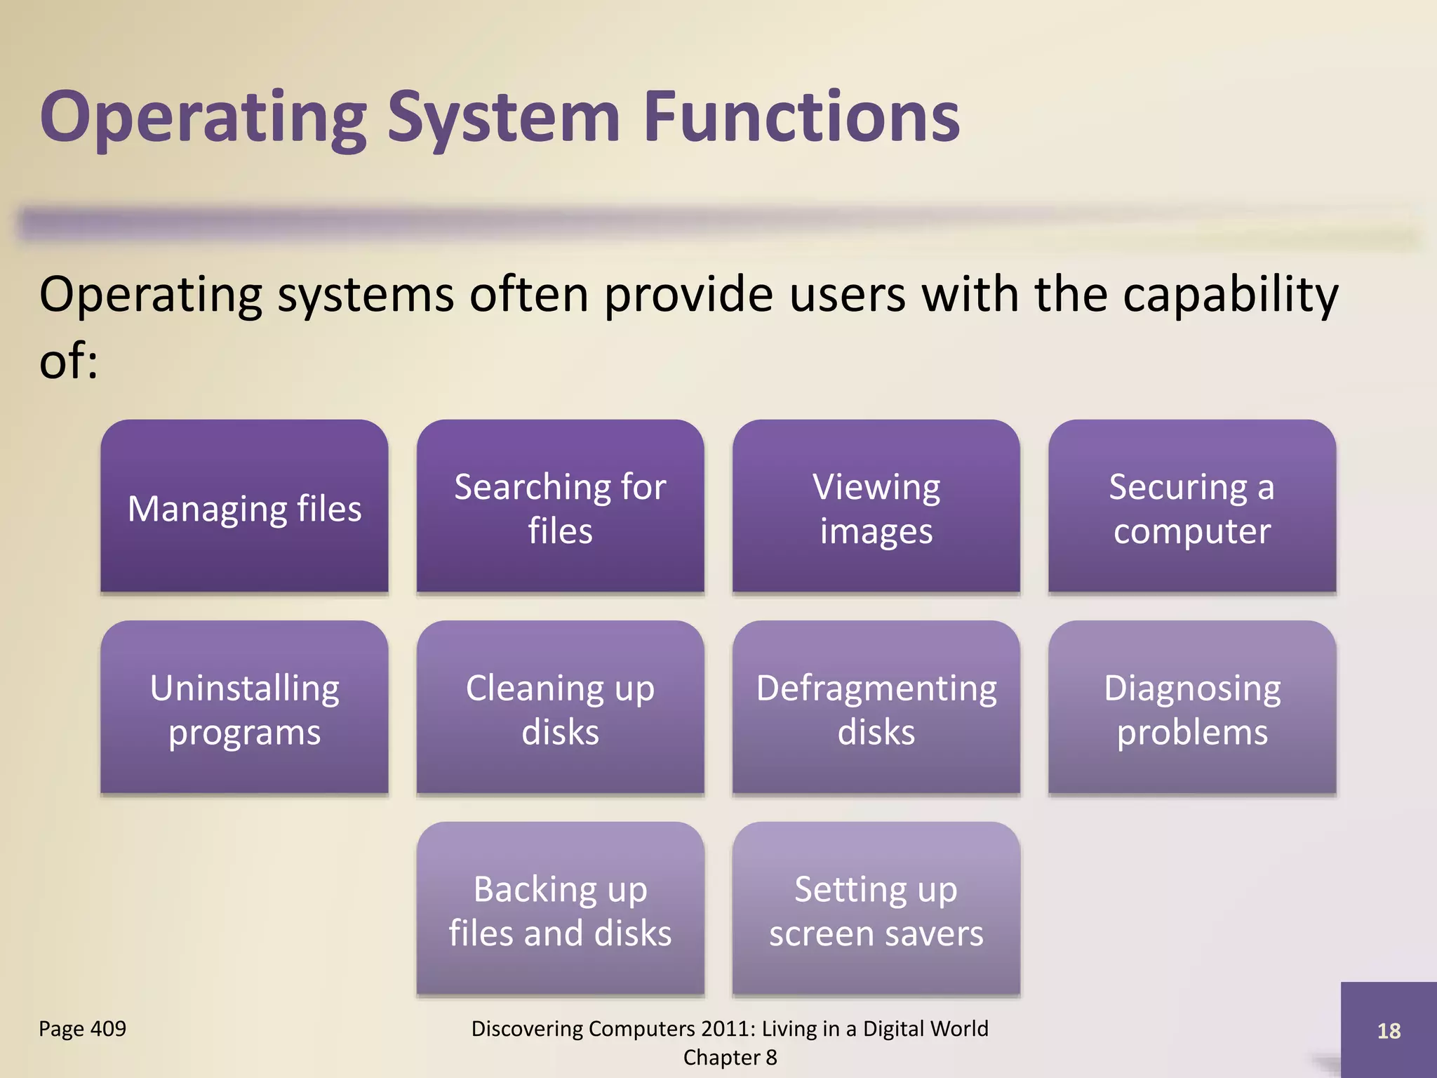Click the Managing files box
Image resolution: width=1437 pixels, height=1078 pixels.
click(244, 507)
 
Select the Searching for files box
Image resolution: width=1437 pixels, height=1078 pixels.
click(560, 507)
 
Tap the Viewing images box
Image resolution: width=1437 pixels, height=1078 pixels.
click(876, 507)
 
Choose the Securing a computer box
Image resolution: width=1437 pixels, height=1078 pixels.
click(1191, 507)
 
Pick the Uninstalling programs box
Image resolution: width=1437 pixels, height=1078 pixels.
click(244, 708)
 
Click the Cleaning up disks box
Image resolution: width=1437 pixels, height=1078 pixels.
click(560, 708)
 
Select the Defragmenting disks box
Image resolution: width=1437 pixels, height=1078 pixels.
click(876, 708)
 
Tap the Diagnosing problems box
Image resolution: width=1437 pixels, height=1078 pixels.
click(1191, 708)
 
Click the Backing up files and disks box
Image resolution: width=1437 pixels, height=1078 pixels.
click(560, 910)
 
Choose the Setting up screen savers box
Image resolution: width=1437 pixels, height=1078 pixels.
click(876, 910)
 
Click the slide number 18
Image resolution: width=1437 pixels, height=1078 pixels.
click(1388, 1030)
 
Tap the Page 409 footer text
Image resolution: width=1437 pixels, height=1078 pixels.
click(82, 1028)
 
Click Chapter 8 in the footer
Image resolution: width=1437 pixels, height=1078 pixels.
click(730, 1057)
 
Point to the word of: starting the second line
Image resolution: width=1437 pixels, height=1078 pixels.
click(68, 361)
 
